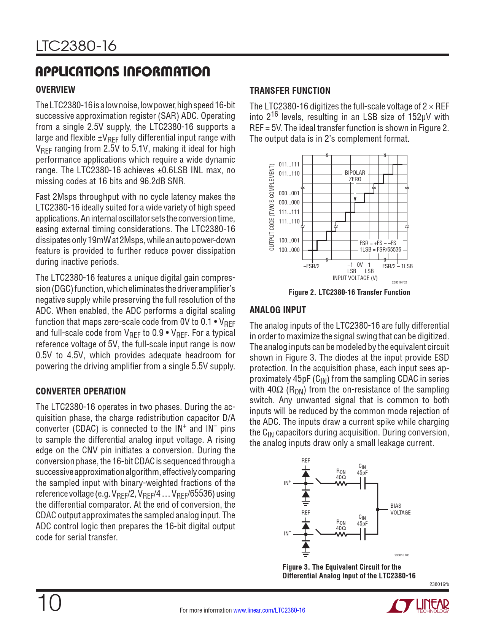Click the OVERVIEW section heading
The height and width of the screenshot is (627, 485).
56,90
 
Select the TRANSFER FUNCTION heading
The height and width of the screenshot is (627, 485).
290,91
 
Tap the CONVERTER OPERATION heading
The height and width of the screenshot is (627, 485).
81,391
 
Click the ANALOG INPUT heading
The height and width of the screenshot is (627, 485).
278,310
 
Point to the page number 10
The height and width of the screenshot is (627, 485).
49,603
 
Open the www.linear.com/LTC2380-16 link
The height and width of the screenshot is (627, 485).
269,610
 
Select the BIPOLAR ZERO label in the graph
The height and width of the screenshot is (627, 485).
355,176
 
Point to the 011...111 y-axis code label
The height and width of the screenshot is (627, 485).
289,165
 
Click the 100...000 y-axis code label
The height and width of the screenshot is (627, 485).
289,250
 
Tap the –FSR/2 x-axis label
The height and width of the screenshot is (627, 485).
311,266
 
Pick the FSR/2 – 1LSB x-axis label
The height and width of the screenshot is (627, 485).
398,266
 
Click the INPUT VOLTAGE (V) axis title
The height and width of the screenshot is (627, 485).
355,278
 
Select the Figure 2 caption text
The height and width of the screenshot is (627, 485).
349,292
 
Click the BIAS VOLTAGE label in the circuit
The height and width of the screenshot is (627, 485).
400,509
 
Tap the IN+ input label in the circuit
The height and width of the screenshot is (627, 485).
287,483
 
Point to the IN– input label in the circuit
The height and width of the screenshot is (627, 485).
287,534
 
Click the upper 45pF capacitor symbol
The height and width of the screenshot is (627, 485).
363,483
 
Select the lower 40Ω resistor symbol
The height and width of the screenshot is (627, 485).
341,534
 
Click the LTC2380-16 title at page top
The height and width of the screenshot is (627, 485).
76,46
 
